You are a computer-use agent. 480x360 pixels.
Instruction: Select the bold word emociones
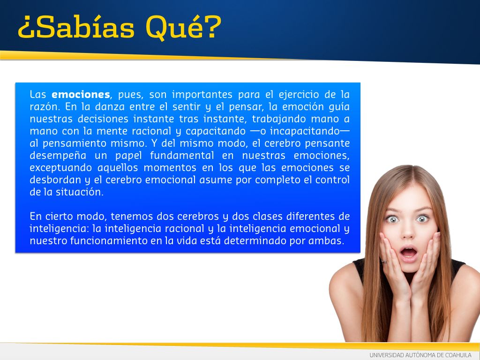coord(81,94)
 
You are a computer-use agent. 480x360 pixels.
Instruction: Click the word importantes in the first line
coord(202,95)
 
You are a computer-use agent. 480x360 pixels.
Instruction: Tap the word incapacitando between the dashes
coord(305,131)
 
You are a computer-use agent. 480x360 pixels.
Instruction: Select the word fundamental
coord(182,156)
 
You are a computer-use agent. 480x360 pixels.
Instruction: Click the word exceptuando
coord(60,168)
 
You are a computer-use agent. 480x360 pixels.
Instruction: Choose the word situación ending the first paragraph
coord(79,192)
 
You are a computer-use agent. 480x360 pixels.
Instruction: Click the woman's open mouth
coord(409,253)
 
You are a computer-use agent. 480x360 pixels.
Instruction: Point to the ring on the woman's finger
coord(384,261)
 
